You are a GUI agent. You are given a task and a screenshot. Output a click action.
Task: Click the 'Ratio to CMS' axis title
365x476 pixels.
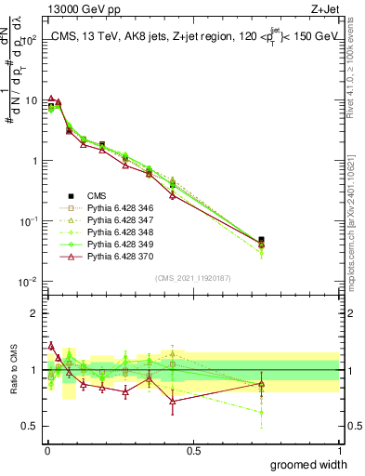coord(12,371)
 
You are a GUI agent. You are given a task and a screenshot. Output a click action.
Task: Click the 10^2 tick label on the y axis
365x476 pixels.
coord(30,41)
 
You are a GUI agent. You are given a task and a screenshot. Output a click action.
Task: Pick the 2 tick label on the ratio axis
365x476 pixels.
coord(34,313)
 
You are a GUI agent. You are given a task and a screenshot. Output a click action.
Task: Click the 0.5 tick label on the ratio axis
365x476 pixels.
coord(30,429)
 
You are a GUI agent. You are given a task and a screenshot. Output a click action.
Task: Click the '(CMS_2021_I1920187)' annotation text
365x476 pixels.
coord(193,277)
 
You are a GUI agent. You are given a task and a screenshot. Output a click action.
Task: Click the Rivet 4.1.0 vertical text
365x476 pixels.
coord(357,65)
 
